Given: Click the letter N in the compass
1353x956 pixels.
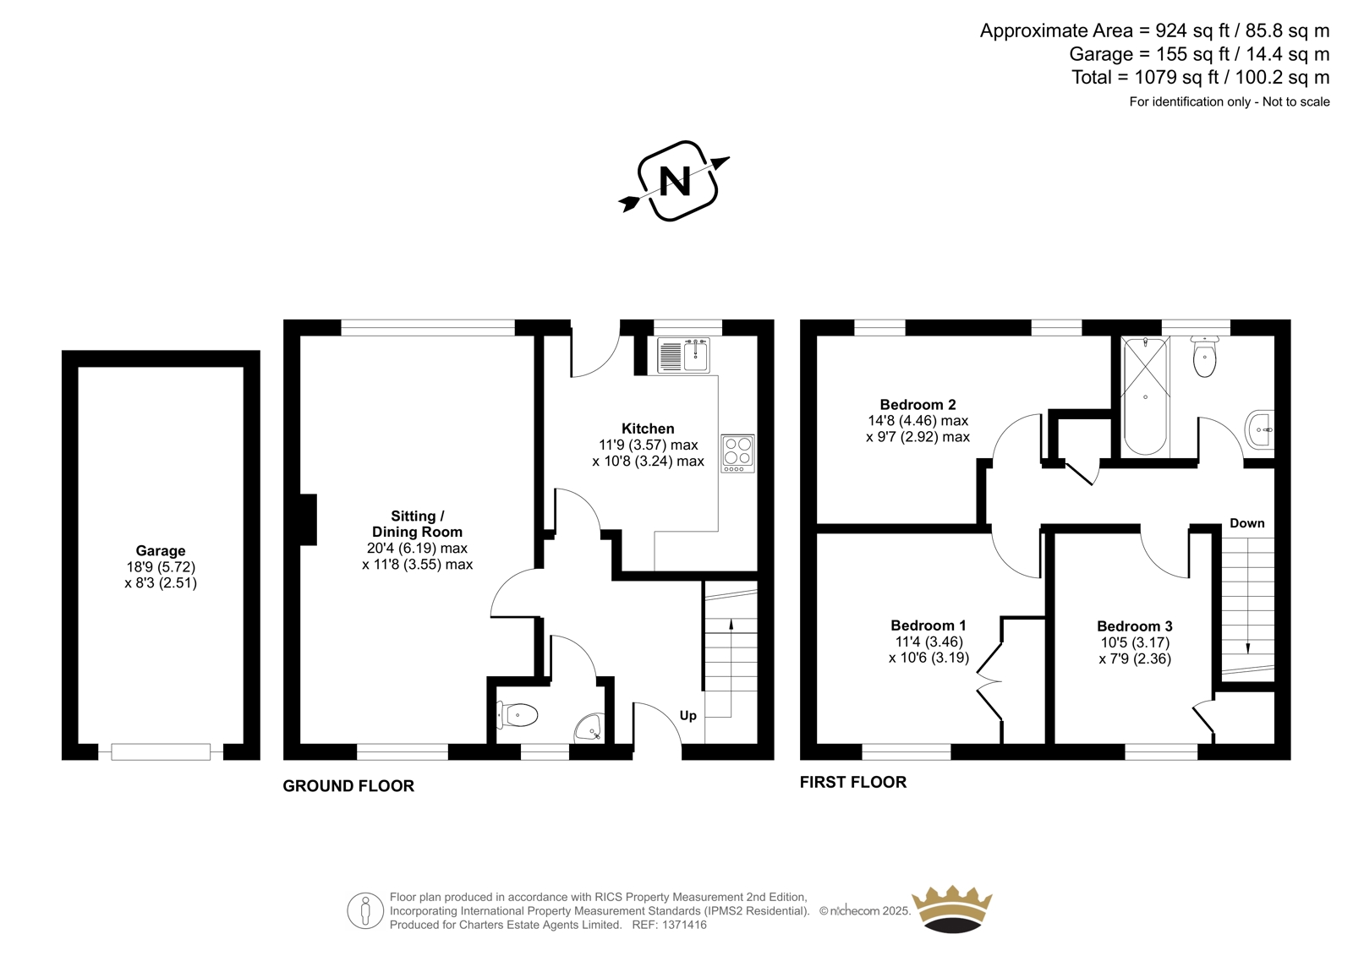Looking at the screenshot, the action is pyautogui.click(x=675, y=181).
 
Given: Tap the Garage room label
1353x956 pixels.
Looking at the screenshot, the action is pyautogui.click(x=160, y=551).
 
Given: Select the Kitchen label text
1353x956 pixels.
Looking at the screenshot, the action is pyautogui.click(x=648, y=429).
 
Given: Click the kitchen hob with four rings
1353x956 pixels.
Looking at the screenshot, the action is pyautogui.click(x=737, y=453).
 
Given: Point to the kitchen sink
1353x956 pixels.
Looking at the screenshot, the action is pyautogui.click(x=684, y=356).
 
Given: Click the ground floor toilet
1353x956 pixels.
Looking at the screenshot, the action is pyautogui.click(x=517, y=716).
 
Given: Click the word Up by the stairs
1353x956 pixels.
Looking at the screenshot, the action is pyautogui.click(x=688, y=716).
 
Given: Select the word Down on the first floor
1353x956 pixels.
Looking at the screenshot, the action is pyautogui.click(x=1246, y=523).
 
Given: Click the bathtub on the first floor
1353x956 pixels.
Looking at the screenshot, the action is pyautogui.click(x=1145, y=396).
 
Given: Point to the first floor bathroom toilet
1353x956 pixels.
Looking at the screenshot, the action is pyautogui.click(x=1204, y=358).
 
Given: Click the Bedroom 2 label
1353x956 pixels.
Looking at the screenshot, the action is pyautogui.click(x=918, y=405).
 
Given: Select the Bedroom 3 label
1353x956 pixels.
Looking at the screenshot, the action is pyautogui.click(x=1134, y=626).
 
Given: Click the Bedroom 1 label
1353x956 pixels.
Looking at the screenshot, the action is pyautogui.click(x=928, y=625).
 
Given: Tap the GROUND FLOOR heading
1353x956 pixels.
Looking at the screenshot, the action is pyautogui.click(x=348, y=786).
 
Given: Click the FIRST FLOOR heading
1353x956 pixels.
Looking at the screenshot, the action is pyautogui.click(x=853, y=782).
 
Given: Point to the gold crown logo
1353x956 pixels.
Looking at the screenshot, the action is pyautogui.click(x=952, y=909).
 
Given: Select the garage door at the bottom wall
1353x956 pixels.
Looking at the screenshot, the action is pyautogui.click(x=161, y=752).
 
